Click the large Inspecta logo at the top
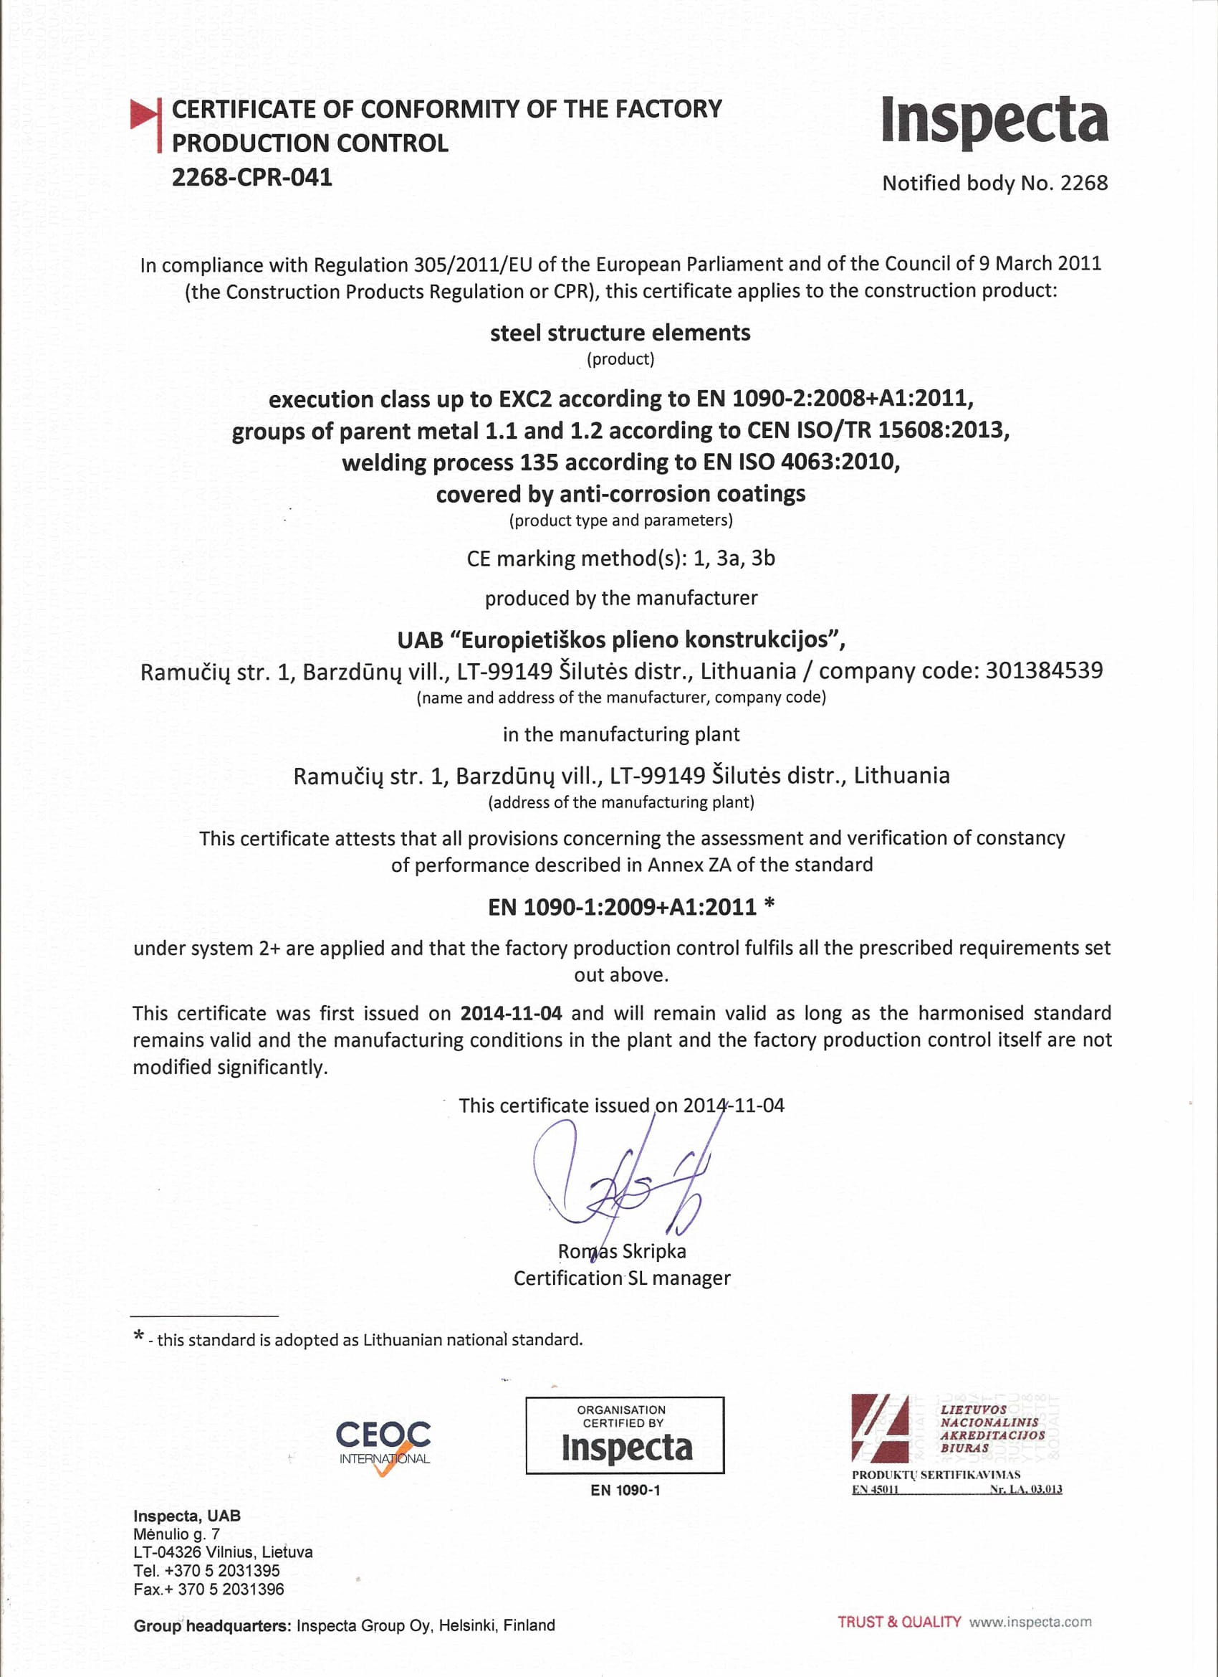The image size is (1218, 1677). pos(994,120)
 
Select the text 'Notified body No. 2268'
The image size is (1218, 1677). pos(994,184)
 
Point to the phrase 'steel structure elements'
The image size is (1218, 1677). pos(620,333)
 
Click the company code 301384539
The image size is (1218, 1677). pos(1044,670)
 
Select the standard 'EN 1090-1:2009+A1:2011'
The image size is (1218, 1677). pos(623,907)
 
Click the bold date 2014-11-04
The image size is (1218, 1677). pos(511,1013)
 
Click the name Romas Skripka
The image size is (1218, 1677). pos(622,1251)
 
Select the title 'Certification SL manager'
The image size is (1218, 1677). pos(622,1278)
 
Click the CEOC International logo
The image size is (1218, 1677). pos(383,1445)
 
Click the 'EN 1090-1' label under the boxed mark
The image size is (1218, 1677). pos(625,1491)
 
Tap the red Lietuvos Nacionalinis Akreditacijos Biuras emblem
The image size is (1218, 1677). pos(880,1428)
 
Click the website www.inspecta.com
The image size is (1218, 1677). pos(1030,1623)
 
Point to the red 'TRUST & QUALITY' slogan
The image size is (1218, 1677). pos(898,1623)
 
